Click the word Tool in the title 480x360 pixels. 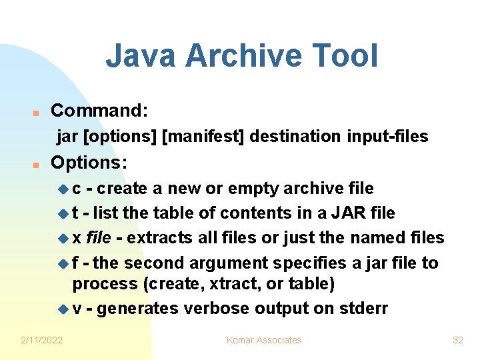point(349,56)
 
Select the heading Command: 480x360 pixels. point(99,110)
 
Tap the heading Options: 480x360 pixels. point(89,163)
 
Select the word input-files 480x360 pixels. point(387,137)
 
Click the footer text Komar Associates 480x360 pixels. point(264,340)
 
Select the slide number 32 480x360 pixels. point(457,340)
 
